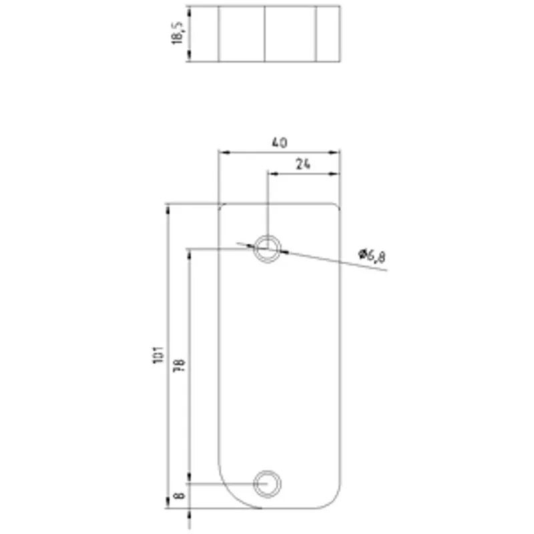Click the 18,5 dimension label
coord(178,33)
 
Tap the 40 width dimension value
coord(280,142)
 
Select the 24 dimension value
coord(303,164)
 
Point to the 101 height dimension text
coord(158,355)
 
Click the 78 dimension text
coord(180,364)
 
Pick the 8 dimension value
coord(179,496)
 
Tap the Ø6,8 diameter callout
coord(372,256)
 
